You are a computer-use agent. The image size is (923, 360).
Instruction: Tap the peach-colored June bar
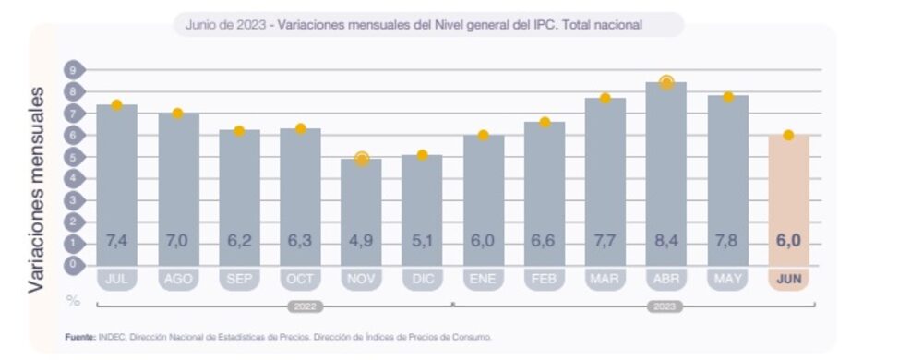(x=788, y=198)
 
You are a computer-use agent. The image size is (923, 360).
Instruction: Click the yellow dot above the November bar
(x=361, y=159)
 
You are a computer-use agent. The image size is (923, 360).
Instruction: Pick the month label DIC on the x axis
(x=422, y=277)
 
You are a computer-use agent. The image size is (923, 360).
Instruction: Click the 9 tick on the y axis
(x=72, y=70)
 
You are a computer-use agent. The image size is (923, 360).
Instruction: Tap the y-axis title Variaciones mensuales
(x=37, y=189)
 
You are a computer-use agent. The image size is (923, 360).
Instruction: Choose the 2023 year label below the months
(x=665, y=306)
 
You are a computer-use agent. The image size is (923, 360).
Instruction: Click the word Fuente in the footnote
(x=79, y=337)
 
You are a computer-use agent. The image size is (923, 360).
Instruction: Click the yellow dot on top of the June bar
(x=788, y=135)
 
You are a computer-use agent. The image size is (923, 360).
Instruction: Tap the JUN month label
(x=788, y=277)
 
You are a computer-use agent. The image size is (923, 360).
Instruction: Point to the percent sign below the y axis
(x=72, y=301)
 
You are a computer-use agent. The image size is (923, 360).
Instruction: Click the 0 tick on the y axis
(x=72, y=264)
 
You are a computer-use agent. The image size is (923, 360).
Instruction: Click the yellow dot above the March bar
(x=605, y=98)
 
